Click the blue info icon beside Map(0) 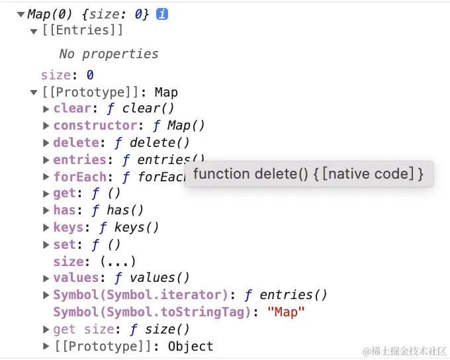click(x=162, y=14)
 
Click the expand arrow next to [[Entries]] click(x=34, y=30)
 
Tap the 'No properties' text click(x=109, y=54)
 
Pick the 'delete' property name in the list click(x=76, y=142)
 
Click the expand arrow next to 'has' click(x=46, y=210)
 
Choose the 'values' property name click(x=76, y=278)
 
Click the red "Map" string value click(x=286, y=312)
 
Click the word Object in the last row click(x=191, y=346)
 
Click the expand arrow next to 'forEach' click(x=46, y=177)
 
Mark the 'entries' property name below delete click(x=79, y=159)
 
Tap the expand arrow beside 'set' click(x=46, y=244)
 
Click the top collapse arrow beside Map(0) click(x=21, y=14)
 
